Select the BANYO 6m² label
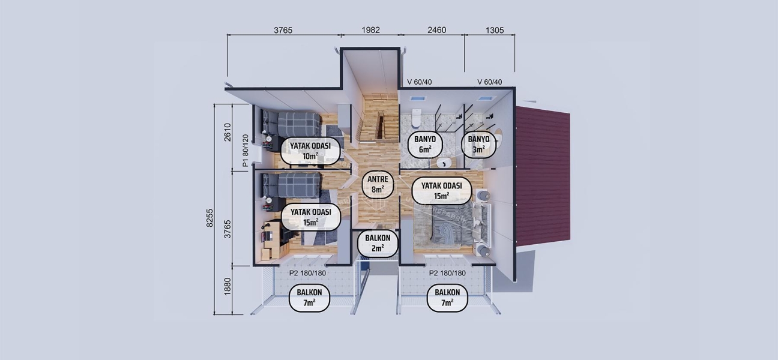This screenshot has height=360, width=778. [425, 145]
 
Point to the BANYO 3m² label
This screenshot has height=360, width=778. [478, 145]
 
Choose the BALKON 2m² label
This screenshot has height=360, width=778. [378, 243]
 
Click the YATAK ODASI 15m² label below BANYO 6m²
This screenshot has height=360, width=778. [441, 191]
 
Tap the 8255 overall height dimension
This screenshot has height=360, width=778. [210, 218]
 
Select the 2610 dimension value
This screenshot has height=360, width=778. [227, 131]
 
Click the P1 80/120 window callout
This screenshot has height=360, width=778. [245, 150]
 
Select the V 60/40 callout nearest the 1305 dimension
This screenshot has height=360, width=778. [489, 82]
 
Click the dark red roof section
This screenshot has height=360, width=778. [544, 174]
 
